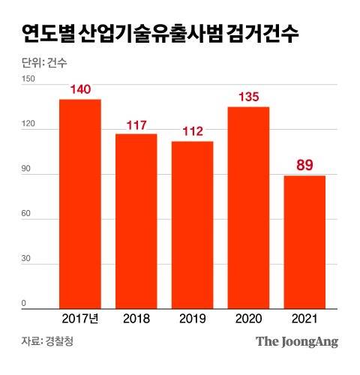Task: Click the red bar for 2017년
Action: pos(80,204)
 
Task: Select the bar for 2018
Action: pos(136,221)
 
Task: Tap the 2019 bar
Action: pos(193,225)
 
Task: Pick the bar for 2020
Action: pos(248,208)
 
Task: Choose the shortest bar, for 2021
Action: pos(304,241)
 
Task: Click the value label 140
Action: pos(80,89)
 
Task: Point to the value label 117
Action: pos(136,124)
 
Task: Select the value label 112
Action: pos(193,131)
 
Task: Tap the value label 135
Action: pos(248,97)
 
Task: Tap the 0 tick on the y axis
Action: pos(24,304)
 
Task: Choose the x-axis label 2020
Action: pos(248,319)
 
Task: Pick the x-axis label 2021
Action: pos(304,319)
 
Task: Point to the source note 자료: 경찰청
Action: pos(48,342)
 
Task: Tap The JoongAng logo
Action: pos(297,342)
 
